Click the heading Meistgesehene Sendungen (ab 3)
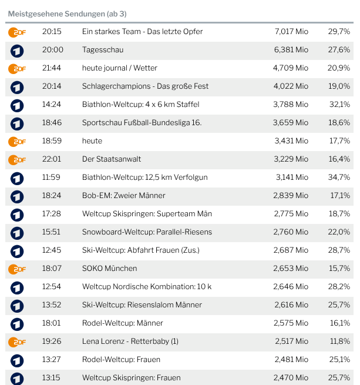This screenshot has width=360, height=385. pos(67,14)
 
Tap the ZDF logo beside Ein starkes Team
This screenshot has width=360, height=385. pos(17,32)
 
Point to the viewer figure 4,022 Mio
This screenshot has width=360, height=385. pos(291,86)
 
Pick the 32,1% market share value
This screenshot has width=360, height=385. pos(339,105)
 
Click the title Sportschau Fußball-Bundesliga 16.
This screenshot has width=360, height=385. pos(142,123)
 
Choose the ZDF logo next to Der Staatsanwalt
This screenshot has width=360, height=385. pos(17,159)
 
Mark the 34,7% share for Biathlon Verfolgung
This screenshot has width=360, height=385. pos(339,178)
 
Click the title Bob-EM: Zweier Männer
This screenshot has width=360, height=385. pos(124,196)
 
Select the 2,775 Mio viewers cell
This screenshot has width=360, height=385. pos(291,214)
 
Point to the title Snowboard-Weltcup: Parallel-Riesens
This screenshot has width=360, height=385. pos(147,232)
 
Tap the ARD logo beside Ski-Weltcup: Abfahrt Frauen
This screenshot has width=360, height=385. pos(17,250)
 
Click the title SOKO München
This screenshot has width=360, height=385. pos(110,269)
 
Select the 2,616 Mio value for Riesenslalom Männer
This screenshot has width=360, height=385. pos(291,305)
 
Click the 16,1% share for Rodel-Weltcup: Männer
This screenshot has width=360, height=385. pos(339,323)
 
